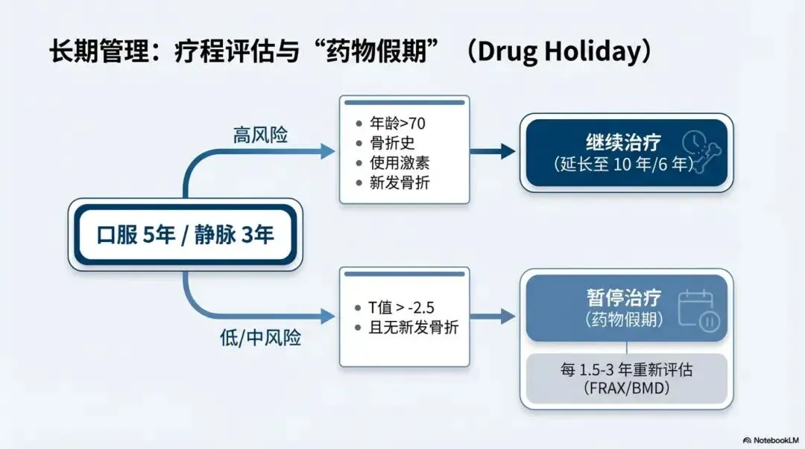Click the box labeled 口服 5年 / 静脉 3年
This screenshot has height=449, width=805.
pyautogui.click(x=186, y=235)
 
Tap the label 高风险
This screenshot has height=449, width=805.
pyautogui.click(x=260, y=136)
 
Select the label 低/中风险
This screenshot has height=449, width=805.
pyautogui.click(x=256, y=337)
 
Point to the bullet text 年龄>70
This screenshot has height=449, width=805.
pyautogui.click(x=397, y=124)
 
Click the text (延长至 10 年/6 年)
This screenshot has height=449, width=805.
pyautogui.click(x=623, y=164)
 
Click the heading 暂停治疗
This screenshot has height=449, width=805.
pyautogui.click(x=623, y=297)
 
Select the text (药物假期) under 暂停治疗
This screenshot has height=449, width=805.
pyautogui.click(x=623, y=319)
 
